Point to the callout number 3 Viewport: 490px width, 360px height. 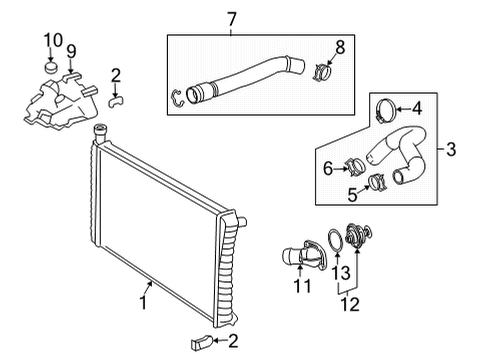point(452,151)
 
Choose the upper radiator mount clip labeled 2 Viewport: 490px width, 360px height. point(117,98)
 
